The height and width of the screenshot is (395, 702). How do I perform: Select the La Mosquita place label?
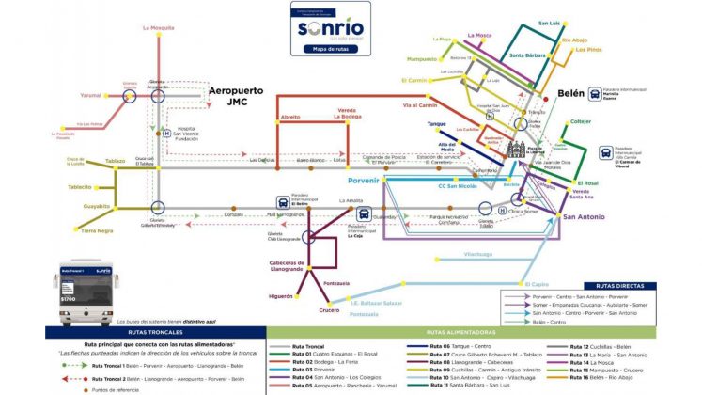(x=159, y=28)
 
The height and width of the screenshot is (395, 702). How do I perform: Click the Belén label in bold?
(x=570, y=94)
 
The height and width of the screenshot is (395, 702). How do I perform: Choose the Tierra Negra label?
(x=97, y=230)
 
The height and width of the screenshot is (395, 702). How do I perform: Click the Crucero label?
(x=328, y=310)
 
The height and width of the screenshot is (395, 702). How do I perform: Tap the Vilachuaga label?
(x=478, y=254)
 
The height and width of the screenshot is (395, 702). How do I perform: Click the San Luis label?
(x=550, y=23)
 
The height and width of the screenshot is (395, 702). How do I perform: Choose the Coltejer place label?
(x=580, y=121)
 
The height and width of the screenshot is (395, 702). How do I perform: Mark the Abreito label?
(x=290, y=117)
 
